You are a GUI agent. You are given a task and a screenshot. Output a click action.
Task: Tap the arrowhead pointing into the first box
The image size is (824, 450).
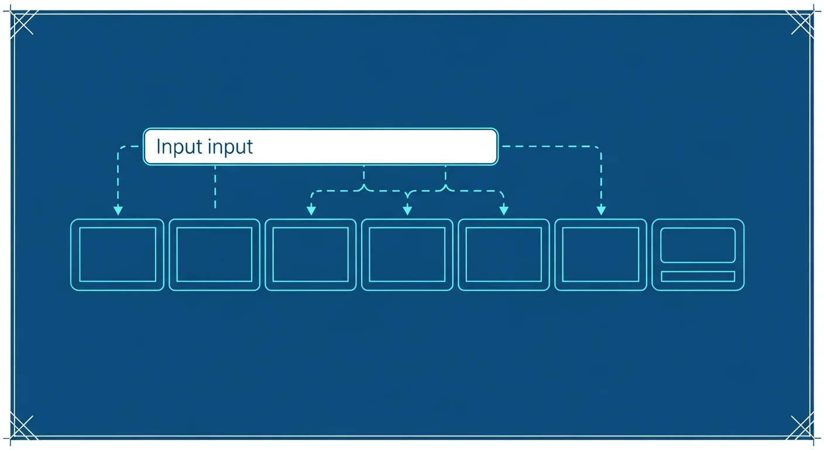[x=118, y=210]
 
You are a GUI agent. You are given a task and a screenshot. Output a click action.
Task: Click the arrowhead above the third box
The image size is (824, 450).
[x=311, y=210]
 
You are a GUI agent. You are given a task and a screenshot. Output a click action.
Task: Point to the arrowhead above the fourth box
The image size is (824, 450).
[x=407, y=210]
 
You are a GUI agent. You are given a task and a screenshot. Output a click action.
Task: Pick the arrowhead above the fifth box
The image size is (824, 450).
[x=504, y=210]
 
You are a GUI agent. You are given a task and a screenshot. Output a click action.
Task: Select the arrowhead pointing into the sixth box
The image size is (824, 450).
[x=601, y=210]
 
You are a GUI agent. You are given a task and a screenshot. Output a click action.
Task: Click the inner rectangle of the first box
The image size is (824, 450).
[x=79, y=254]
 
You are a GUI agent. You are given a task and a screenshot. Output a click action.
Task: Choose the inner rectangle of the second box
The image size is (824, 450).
[x=176, y=254]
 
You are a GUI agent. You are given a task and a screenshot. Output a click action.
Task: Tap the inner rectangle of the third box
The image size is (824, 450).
[x=273, y=254]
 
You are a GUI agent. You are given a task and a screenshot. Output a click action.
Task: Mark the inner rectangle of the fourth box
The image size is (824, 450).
[x=369, y=254]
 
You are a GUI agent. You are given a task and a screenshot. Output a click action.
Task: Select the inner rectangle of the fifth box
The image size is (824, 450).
[x=466, y=254]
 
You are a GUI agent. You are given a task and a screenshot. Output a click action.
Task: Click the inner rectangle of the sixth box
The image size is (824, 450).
[x=562, y=254]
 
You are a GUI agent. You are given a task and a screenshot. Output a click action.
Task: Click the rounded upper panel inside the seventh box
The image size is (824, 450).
[x=661, y=246]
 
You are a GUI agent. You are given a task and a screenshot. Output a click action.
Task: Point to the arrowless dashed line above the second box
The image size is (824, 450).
[x=215, y=187]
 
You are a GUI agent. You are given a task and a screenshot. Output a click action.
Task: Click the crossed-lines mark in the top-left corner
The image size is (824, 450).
[x=23, y=23]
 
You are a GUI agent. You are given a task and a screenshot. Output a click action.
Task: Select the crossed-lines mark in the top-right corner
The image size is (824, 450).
[x=801, y=23]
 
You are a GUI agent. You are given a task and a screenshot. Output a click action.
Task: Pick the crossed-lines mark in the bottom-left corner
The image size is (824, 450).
[x=23, y=427]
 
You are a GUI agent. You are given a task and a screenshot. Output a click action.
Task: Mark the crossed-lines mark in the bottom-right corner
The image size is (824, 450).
[x=801, y=427]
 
